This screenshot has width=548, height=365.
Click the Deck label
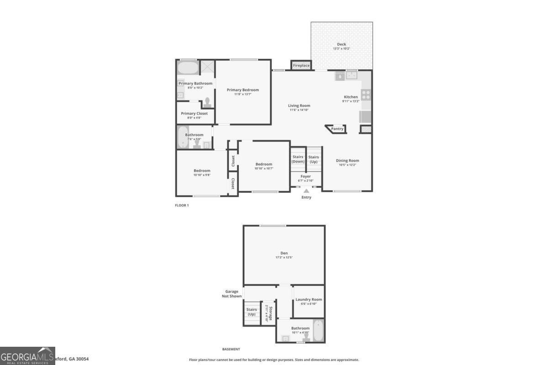tap(342, 44)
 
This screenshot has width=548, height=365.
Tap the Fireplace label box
tap(301, 66)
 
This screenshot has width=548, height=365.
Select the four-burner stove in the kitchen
tap(366, 94)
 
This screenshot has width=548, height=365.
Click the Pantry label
tap(337, 129)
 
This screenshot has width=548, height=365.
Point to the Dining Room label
tap(348, 161)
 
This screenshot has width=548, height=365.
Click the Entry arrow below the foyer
tap(306, 192)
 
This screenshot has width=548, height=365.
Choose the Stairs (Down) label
tap(298, 159)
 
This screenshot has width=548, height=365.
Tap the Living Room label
tap(299, 106)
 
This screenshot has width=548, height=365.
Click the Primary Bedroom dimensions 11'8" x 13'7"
tap(243, 94)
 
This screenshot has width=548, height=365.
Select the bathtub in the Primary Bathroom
tap(188, 68)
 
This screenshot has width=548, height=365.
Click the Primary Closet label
tap(194, 114)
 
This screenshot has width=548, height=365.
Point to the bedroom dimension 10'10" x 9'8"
tap(202, 175)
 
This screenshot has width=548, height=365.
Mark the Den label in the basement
tap(284, 253)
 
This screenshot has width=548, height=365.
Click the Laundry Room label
tap(309, 300)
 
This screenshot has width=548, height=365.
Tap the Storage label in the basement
tap(271, 313)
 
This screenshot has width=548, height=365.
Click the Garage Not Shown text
tap(233, 294)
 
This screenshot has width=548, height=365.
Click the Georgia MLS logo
tap(27, 355)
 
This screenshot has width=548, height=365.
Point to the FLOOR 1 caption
tap(182, 205)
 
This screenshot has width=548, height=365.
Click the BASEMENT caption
tap(231, 349)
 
